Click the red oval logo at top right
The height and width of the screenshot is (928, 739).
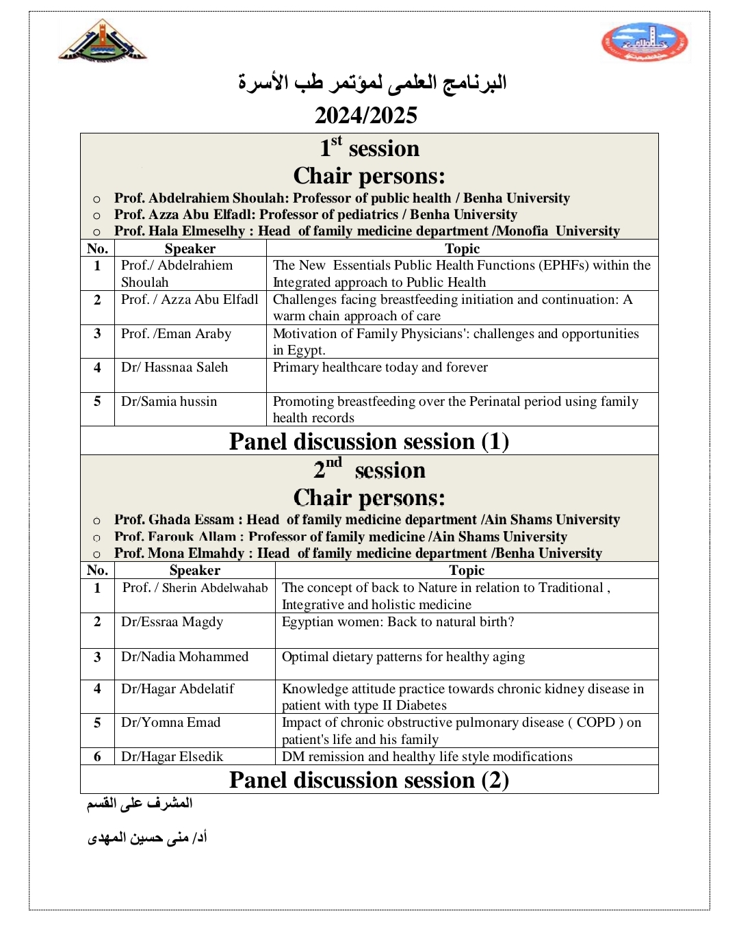pos(645,42)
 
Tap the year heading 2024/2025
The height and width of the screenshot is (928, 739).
pos(366,115)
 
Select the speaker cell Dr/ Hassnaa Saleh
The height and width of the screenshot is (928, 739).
pos(174,368)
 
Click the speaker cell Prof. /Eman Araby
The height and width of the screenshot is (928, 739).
pos(177,334)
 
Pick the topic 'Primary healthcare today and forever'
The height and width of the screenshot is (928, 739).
pos(380,368)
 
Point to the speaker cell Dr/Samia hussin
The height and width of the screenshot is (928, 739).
pos(169,402)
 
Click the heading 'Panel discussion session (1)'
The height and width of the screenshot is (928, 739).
pos(369,441)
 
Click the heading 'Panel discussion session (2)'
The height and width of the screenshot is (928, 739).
pos(369,780)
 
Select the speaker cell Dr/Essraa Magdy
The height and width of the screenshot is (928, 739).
pos(172,622)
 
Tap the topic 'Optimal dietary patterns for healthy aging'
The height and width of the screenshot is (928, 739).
pos(404,657)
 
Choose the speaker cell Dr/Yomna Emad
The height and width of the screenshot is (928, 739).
pos(171,723)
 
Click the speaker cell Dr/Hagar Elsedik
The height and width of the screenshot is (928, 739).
pos(172,757)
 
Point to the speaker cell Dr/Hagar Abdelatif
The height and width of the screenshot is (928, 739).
pos(178,689)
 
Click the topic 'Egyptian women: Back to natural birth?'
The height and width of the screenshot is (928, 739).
pos(398,622)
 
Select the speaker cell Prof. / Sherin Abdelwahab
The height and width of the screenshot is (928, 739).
pos(195,588)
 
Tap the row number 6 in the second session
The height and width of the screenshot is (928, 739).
pos(97,757)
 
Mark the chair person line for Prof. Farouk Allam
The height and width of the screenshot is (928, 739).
pos(341,537)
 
